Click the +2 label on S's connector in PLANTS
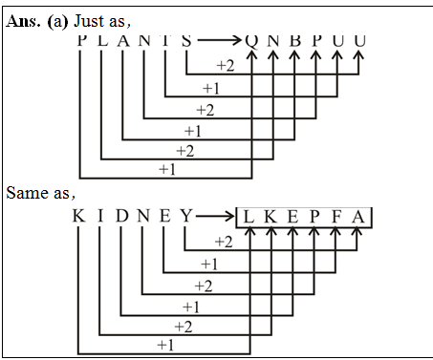tap(226, 66)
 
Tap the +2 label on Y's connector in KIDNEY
tap(225, 243)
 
